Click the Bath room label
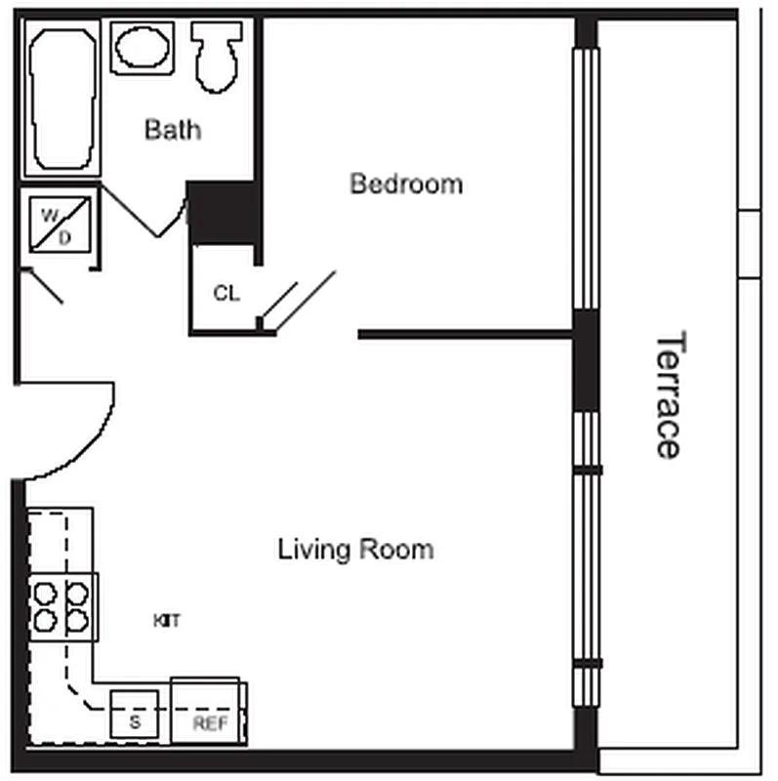173,129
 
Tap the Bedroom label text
406,184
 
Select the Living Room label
355,549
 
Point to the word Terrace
668,394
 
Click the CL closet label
225,293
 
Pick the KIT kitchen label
167,620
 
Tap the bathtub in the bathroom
61,98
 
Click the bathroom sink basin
143,46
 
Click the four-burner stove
62,605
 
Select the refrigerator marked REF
208,711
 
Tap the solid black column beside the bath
222,212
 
